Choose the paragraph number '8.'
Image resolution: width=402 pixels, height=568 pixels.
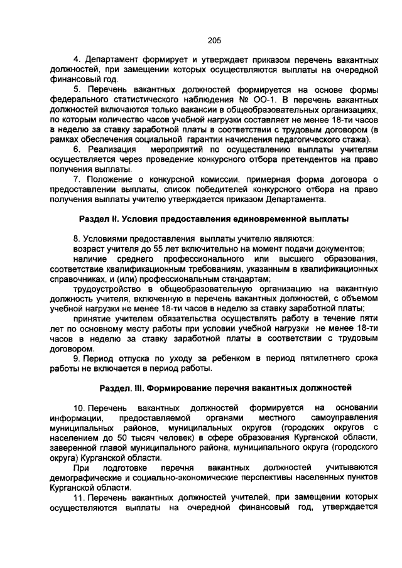coord(77,238)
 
